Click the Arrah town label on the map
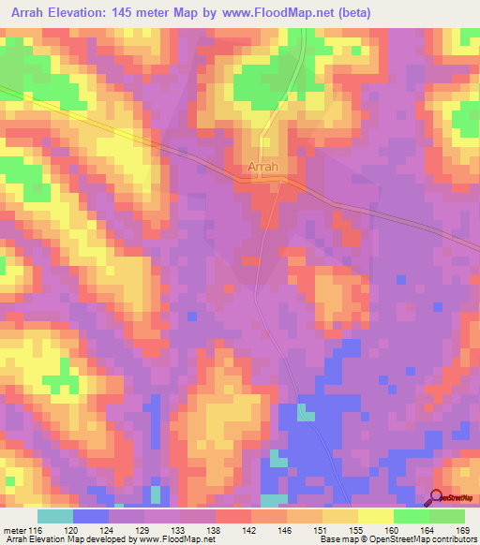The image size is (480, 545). [x=263, y=168]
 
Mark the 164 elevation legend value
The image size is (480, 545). [x=431, y=529]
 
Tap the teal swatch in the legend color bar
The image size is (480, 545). [x=55, y=516]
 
